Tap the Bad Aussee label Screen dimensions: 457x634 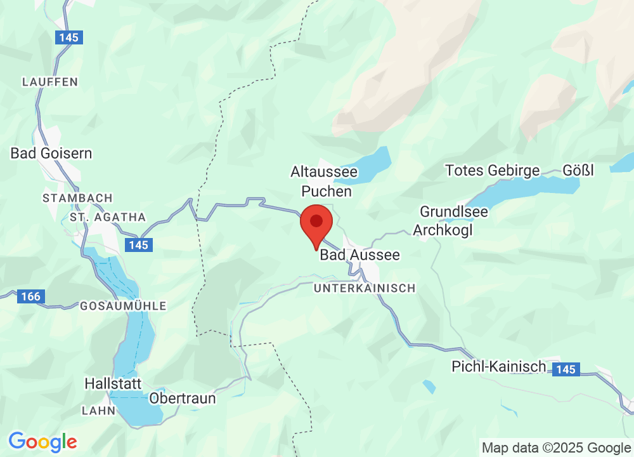360,255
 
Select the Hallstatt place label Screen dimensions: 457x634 113,384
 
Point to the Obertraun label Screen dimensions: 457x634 183,399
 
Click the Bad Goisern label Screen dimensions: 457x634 51,153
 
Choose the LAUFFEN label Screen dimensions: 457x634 49,82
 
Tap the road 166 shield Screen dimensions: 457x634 30,296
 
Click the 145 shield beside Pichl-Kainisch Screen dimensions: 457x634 564,369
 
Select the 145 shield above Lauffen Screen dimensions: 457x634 68,37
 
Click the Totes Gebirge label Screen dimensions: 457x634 493,171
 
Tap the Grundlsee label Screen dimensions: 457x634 454,211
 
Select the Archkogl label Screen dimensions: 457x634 443,230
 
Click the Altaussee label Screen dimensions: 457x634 324,172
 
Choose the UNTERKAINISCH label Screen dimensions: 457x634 365,288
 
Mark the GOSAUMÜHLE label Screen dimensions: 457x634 123,306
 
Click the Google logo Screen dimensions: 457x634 42,441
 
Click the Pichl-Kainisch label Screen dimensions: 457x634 499,366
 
